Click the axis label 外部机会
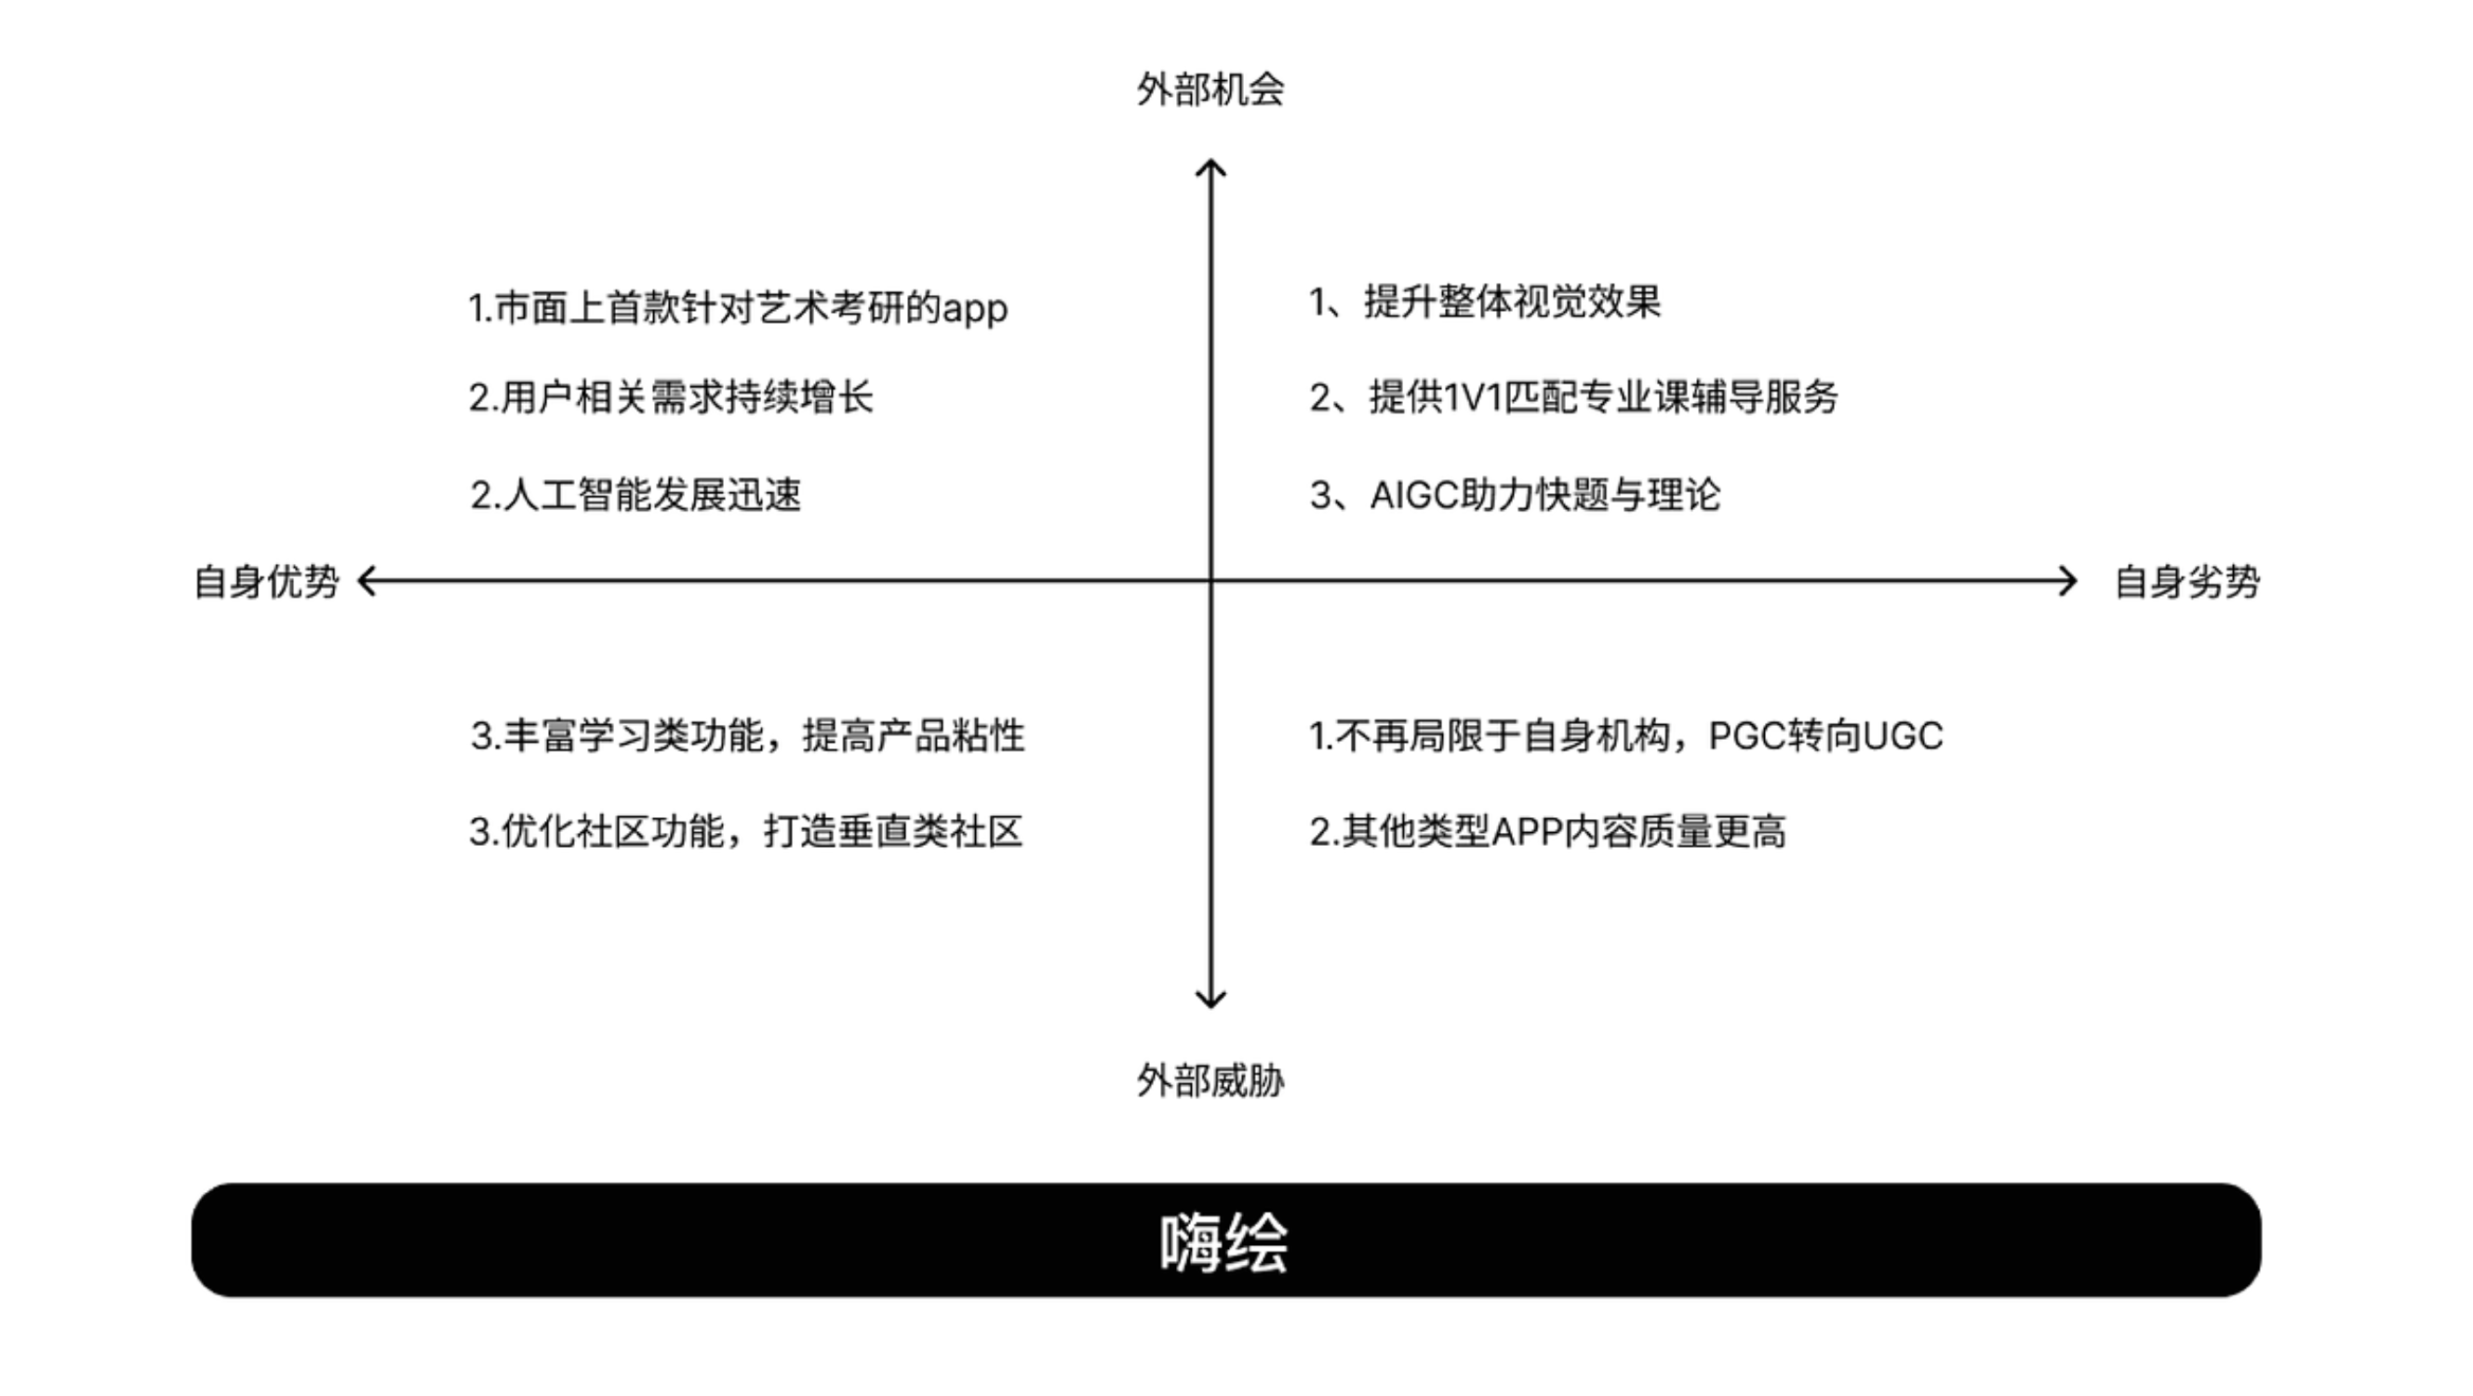pos(1210,89)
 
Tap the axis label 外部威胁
pos(1210,1081)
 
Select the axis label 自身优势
pos(266,582)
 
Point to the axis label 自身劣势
pos(2187,582)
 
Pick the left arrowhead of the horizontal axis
pos(365,581)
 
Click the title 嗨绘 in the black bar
pos(1224,1242)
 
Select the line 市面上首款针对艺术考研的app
pos(737,308)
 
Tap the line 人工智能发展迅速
pos(635,495)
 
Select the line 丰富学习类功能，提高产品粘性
pos(747,736)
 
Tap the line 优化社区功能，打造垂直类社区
pos(746,831)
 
